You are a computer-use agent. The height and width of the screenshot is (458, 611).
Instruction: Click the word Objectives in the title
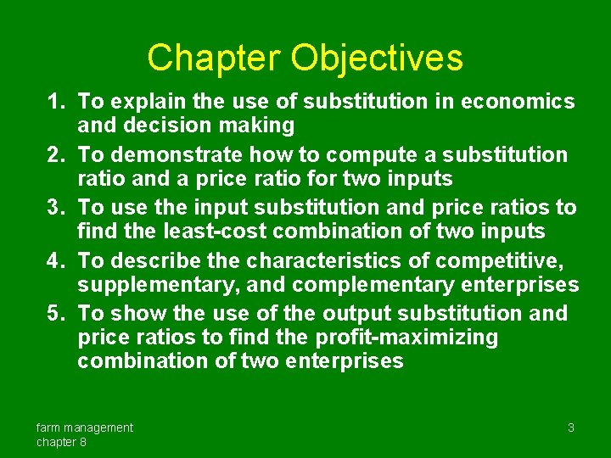pyautogui.click(x=377, y=58)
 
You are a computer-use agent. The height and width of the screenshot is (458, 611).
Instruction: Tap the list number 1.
pyautogui.click(x=57, y=103)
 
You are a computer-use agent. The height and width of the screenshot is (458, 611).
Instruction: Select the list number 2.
pyautogui.click(x=57, y=155)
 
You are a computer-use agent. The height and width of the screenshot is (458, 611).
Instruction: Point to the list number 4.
pyautogui.click(x=57, y=260)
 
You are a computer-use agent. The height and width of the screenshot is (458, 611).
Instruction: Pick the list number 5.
pyautogui.click(x=57, y=313)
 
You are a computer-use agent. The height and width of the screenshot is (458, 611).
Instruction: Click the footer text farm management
pyautogui.click(x=85, y=427)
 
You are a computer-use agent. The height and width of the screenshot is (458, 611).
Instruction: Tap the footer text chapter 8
pyautogui.click(x=61, y=442)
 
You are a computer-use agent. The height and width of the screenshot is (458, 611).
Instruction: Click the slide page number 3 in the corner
pyautogui.click(x=571, y=427)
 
